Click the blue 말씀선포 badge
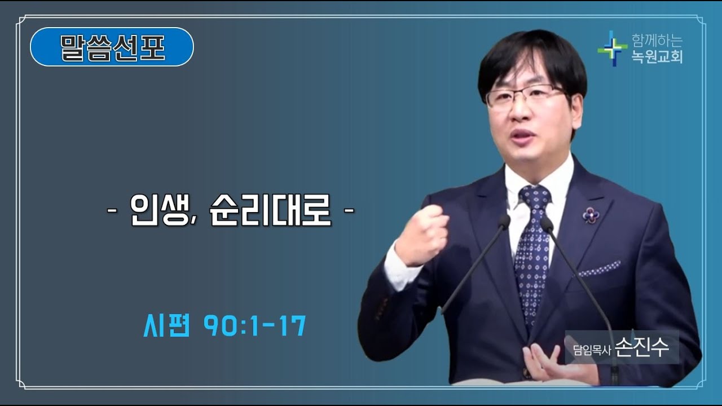click(112, 47)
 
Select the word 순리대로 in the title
click(270, 211)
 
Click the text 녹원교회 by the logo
click(657, 57)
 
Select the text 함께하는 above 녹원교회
click(657, 41)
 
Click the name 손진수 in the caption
click(642, 347)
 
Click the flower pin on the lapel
click(591, 214)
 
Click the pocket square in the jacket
click(599, 269)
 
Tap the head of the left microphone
click(504, 222)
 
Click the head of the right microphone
click(546, 224)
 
